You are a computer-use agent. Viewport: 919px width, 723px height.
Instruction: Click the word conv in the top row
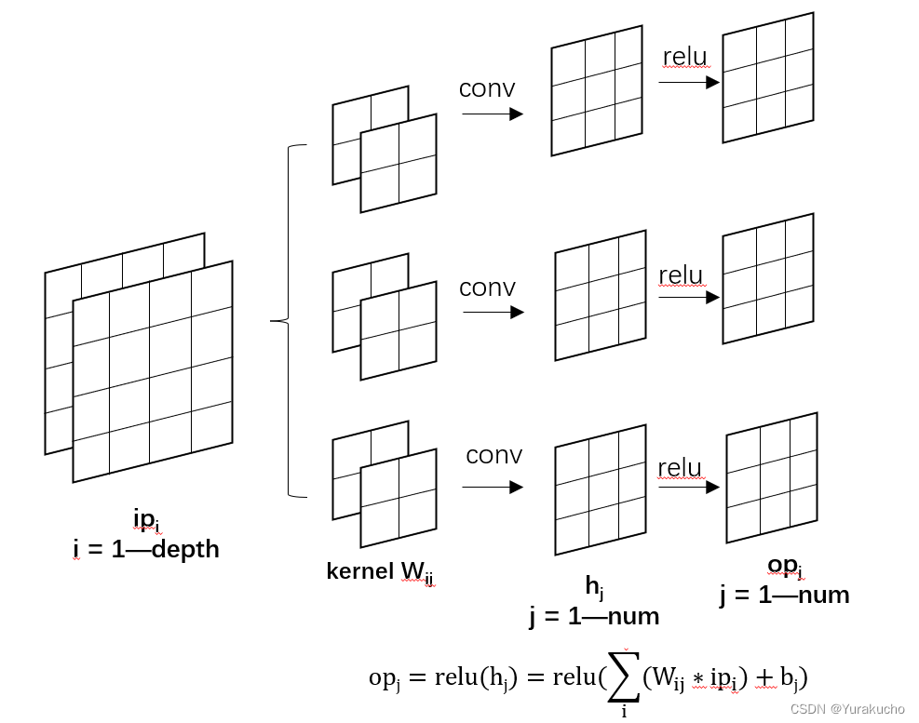(487, 89)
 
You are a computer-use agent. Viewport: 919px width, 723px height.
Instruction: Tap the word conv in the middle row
(487, 288)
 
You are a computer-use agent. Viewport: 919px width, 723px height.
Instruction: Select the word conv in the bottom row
(493, 455)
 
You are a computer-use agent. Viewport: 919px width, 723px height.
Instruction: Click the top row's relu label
(685, 57)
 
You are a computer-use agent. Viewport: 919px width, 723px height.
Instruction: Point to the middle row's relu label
(681, 275)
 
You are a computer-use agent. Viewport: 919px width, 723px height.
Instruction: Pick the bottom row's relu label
(680, 467)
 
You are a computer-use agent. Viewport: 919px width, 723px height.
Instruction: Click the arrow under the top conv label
(493, 114)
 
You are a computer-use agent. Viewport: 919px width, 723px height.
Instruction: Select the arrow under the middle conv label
(493, 312)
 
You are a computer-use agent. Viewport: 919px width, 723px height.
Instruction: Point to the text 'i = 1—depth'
(146, 549)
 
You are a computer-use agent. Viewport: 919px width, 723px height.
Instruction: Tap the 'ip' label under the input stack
(146, 520)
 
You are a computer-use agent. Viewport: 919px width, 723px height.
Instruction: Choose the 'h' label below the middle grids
(594, 586)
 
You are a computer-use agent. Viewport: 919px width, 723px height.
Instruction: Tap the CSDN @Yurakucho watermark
(853, 709)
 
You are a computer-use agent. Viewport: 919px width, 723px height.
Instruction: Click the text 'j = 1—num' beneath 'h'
(594, 616)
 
